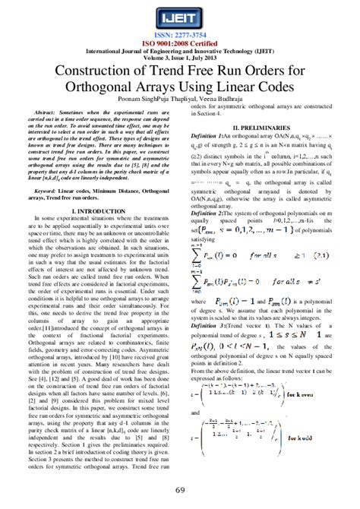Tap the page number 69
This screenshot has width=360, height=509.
(180, 489)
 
